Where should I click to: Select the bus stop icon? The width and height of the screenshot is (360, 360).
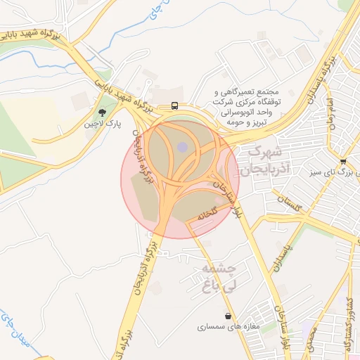(174, 106)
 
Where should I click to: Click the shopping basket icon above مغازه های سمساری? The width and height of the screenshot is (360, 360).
(229, 316)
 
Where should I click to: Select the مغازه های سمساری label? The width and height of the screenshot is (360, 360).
(229, 327)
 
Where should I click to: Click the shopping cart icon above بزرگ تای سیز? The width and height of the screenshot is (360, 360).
(342, 161)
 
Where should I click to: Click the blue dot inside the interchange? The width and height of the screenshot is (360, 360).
(182, 147)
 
